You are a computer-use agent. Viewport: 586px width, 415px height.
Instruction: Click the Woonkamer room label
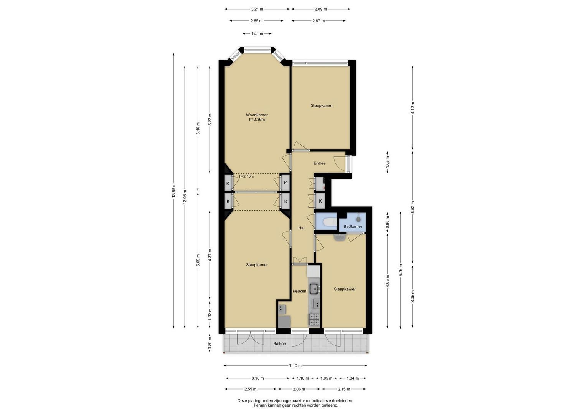[x=257, y=115]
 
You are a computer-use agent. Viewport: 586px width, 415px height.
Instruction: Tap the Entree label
[x=319, y=163]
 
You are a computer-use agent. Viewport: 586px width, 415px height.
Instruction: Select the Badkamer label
[x=353, y=226]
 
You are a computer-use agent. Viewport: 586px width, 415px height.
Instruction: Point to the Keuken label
[x=299, y=291]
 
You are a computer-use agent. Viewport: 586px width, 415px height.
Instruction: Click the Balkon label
[x=279, y=344]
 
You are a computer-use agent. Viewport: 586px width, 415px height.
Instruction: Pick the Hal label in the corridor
[x=301, y=228]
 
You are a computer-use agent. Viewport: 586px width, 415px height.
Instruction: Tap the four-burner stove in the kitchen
[x=314, y=319]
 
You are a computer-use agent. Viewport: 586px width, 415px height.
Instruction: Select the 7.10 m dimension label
[x=295, y=365]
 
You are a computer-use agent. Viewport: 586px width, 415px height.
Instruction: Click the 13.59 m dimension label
[x=173, y=191]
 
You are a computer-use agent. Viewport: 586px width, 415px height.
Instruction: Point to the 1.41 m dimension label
[x=257, y=33]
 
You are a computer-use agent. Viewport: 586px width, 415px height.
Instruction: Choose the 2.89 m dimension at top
[x=320, y=9]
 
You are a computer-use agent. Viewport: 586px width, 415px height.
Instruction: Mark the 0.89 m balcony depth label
[x=210, y=343]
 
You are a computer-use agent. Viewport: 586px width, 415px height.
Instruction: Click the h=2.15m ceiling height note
[x=246, y=176]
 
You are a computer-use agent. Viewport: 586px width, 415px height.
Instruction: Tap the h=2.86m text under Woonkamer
[x=257, y=120]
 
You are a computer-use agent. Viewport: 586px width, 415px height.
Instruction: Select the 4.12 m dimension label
[x=413, y=108]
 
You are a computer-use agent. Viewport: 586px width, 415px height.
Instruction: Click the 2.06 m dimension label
[x=299, y=389]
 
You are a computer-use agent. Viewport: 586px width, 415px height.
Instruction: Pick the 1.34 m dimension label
[x=353, y=378]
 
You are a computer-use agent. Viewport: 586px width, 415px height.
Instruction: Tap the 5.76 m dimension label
[x=401, y=270]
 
